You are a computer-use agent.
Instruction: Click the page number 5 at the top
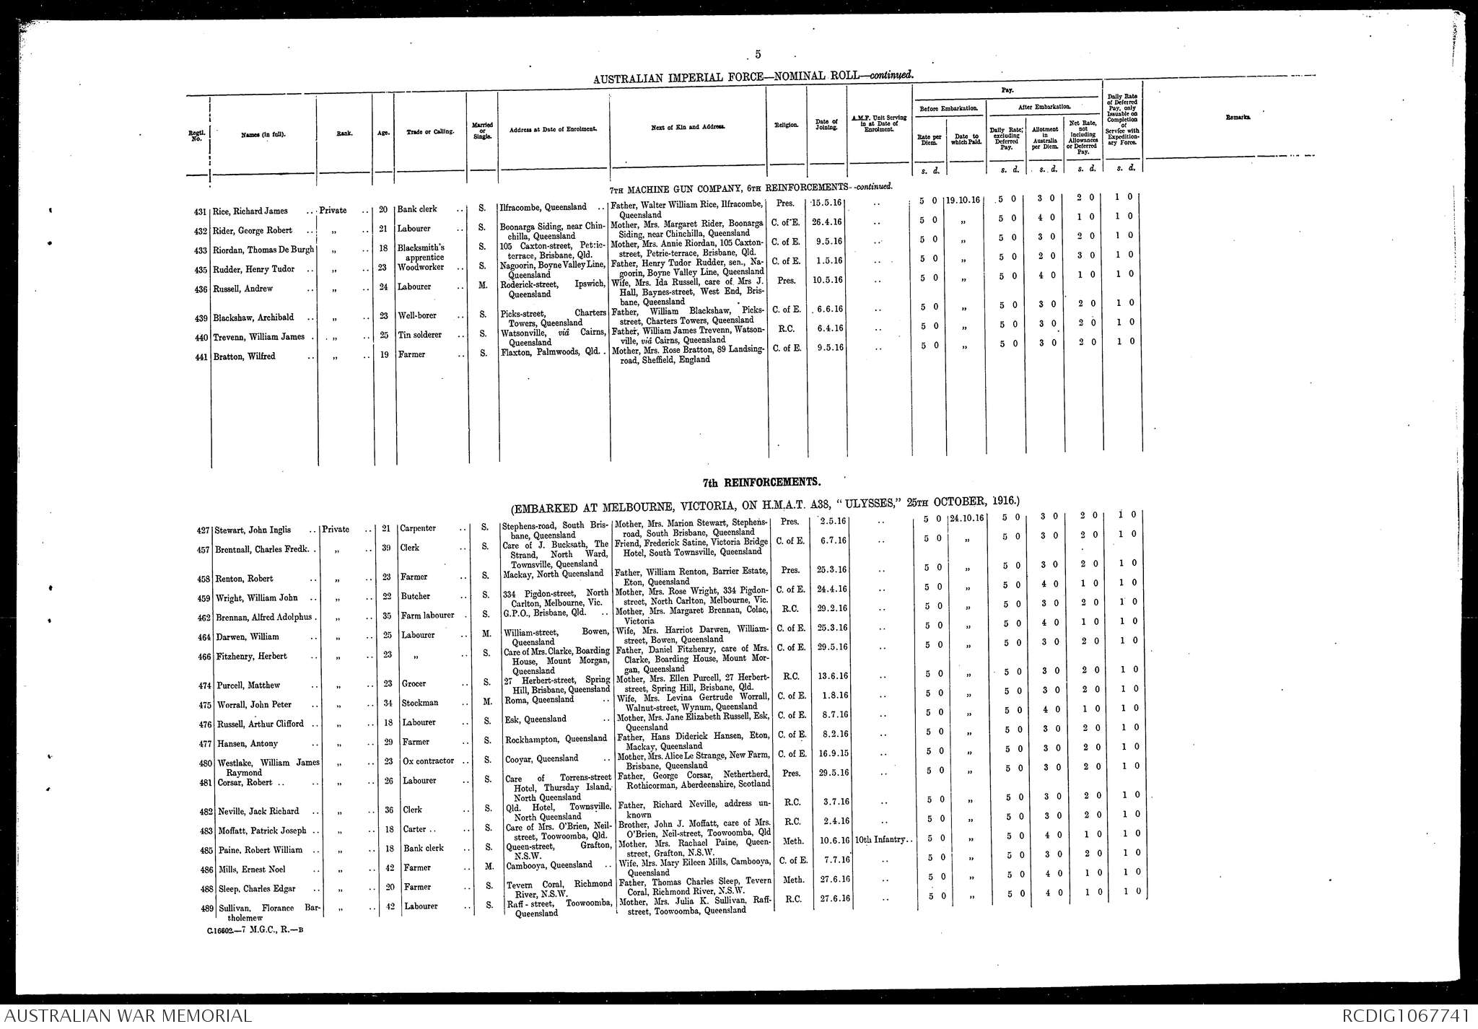click(758, 54)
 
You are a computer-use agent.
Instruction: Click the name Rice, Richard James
click(250, 211)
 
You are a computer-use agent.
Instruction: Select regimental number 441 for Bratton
click(201, 356)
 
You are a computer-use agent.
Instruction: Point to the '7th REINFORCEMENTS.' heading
click(761, 481)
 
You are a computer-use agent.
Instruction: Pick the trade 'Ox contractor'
click(427, 761)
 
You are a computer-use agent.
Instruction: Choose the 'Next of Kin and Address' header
click(688, 128)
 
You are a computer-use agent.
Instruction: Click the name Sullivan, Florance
click(255, 908)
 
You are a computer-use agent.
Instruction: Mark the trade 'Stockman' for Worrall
click(419, 703)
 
